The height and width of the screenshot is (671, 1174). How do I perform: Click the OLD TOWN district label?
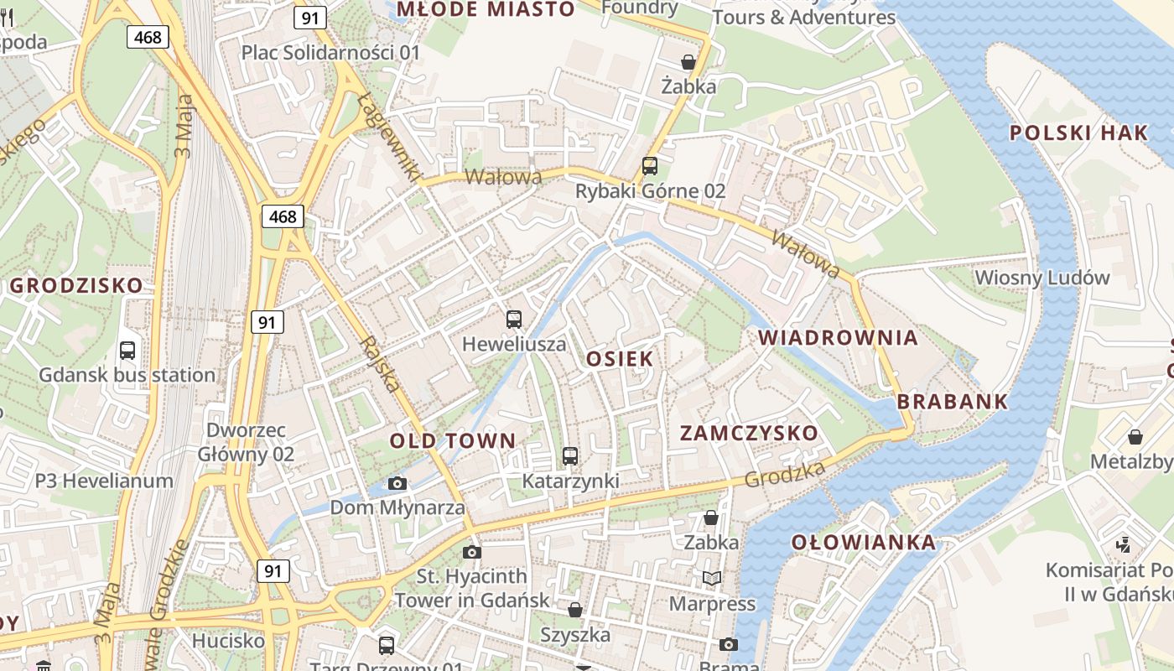pos(453,441)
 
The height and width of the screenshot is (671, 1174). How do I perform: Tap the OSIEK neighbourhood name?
pos(620,359)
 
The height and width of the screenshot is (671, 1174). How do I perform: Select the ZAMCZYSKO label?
pos(749,434)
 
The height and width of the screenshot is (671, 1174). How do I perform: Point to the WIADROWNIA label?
pos(838,338)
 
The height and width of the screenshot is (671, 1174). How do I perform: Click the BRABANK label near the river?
pos(953,402)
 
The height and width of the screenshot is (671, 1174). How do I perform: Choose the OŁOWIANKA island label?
pos(864,543)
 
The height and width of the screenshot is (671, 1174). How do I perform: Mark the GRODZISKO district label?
pos(76,285)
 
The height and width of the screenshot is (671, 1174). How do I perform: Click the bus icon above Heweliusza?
pos(514,320)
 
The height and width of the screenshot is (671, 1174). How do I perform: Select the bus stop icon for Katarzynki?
pos(570,456)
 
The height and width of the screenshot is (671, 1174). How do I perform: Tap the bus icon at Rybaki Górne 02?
pos(650,165)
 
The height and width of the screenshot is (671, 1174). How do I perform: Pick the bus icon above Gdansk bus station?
pos(127,350)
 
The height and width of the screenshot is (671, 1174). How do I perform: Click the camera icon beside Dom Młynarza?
pos(397,483)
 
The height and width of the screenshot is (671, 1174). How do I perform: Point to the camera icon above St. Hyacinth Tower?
pos(472,552)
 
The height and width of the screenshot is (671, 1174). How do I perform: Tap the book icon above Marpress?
pos(712,578)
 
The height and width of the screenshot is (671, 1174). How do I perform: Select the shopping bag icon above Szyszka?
pos(575,610)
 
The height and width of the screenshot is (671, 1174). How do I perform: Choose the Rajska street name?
pos(379,365)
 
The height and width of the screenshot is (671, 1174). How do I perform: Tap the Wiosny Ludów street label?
pos(1042,278)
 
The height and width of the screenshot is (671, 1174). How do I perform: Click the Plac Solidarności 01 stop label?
pos(330,53)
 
